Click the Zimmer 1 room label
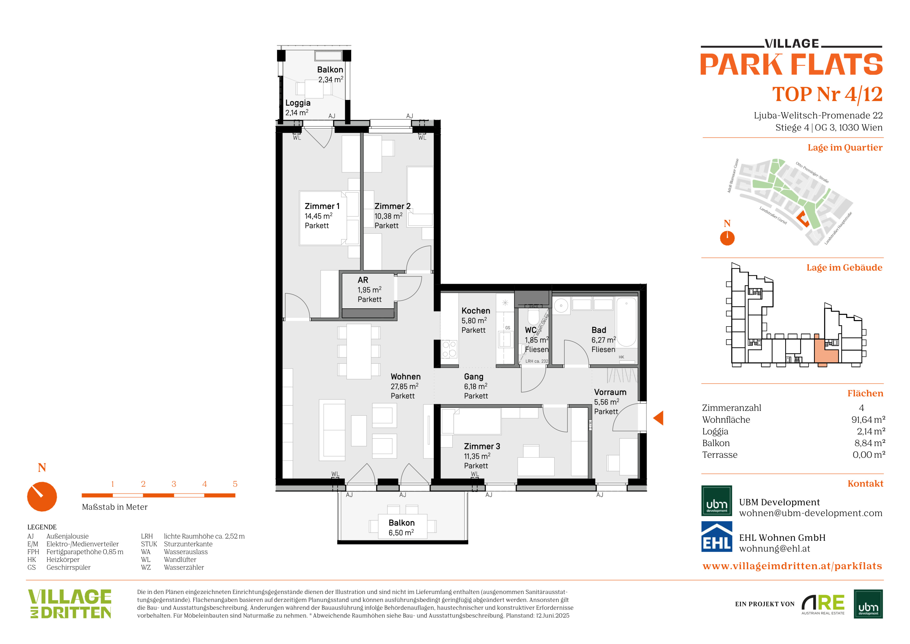coord(322,206)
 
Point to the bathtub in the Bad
coord(626,322)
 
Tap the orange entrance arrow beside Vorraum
coord(658,418)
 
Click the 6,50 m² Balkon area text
coord(401,533)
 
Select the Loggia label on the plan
coord(298,103)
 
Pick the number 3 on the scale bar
coord(174,484)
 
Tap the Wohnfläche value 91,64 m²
coord(868,419)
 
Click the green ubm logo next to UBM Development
coord(717,500)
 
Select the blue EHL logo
coord(717,537)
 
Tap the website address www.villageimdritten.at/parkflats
coord(792,566)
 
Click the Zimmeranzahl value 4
coord(861,408)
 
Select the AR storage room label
coord(363,280)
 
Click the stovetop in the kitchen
coord(449,349)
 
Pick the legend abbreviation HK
coord(32,559)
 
